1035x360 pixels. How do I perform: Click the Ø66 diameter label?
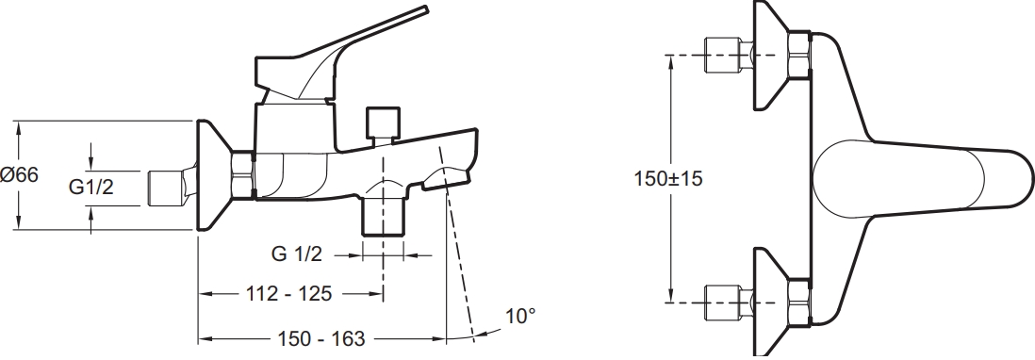20,175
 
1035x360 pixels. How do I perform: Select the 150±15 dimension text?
668,178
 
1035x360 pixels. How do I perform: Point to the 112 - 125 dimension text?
289,293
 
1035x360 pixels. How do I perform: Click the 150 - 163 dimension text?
321,339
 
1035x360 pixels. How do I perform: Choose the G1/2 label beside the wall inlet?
91,188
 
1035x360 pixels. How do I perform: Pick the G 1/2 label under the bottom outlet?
297,254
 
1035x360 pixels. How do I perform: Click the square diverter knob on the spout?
383,123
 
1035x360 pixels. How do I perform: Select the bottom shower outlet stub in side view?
383,215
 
